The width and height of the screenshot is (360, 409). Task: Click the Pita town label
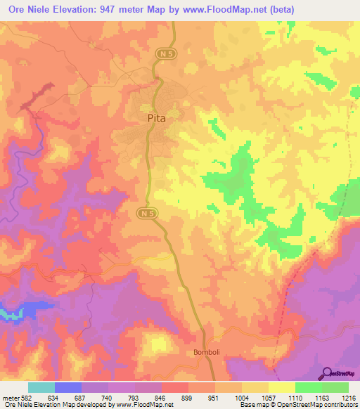tap(157, 119)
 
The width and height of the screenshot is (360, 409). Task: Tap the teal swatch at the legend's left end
tap(41, 387)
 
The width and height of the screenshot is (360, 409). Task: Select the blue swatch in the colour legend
tap(68, 387)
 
